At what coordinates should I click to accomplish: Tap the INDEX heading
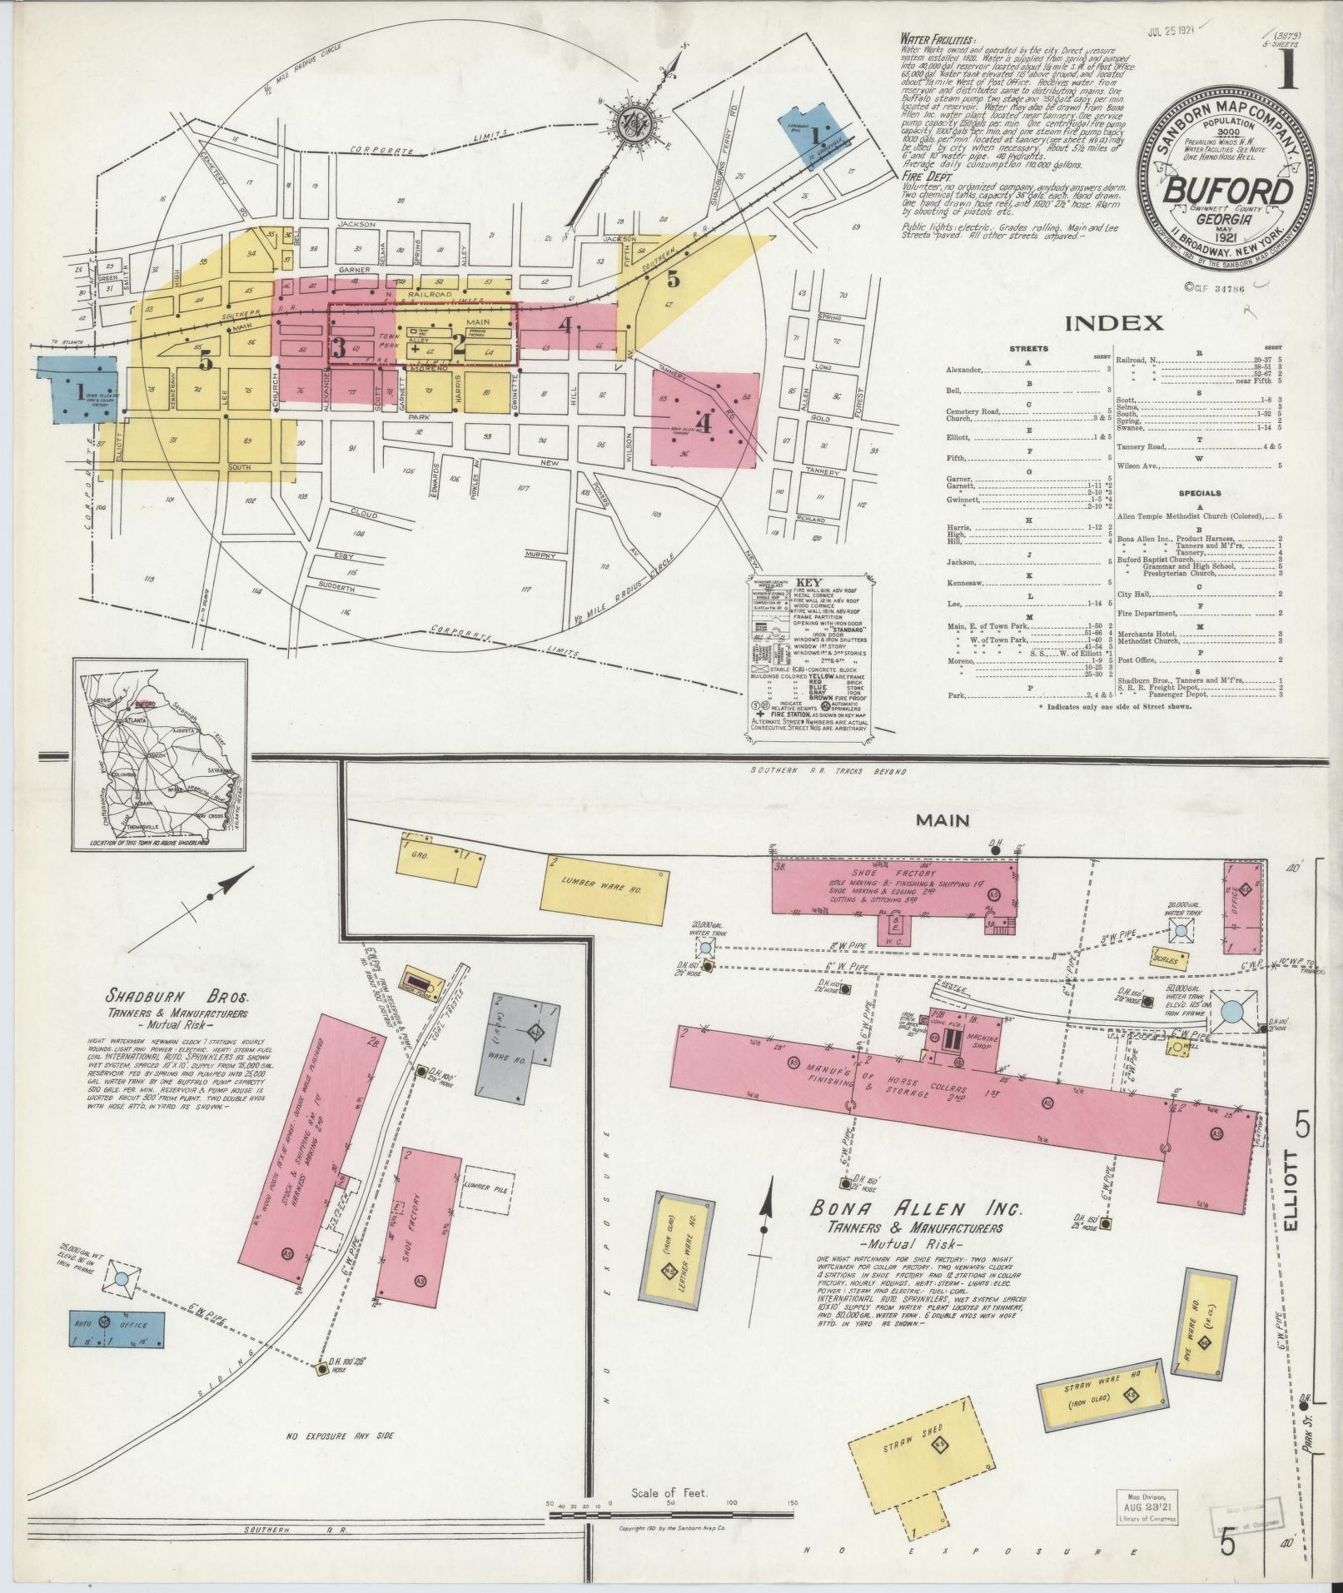(x=1113, y=324)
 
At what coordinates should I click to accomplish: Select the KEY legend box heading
(x=808, y=584)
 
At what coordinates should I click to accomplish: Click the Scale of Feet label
(x=669, y=1493)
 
